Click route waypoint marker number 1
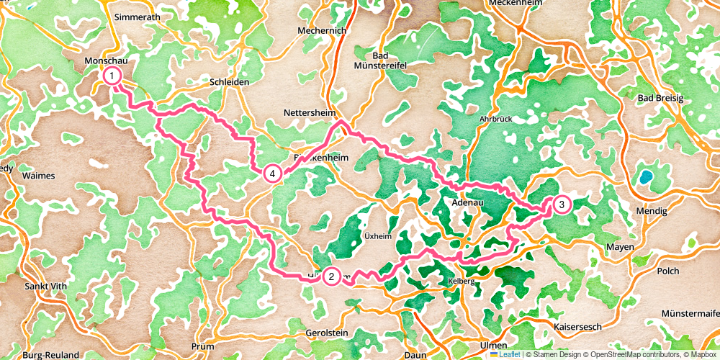(x=112, y=75)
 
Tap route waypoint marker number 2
(x=331, y=276)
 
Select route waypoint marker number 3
(x=561, y=205)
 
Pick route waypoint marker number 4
(x=272, y=174)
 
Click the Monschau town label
(x=106, y=61)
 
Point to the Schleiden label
(x=228, y=83)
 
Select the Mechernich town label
(x=322, y=31)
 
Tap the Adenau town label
(x=467, y=204)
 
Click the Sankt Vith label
(x=45, y=286)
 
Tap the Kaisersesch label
(x=579, y=327)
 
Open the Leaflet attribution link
(x=505, y=354)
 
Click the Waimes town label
(x=38, y=175)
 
